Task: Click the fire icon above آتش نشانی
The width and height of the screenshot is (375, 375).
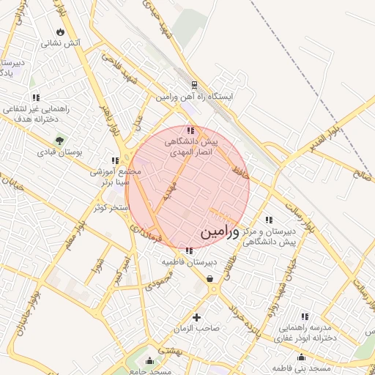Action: pyautogui.click(x=59, y=32)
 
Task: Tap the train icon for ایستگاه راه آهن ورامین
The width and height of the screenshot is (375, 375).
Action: pyautogui.click(x=194, y=84)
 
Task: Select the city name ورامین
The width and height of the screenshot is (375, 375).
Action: pyautogui.click(x=219, y=233)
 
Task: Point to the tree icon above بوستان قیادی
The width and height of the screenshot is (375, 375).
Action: pyautogui.click(x=59, y=139)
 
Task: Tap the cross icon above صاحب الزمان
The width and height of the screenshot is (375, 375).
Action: pyautogui.click(x=196, y=316)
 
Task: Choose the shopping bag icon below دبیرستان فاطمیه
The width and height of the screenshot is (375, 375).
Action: pyautogui.click(x=210, y=278)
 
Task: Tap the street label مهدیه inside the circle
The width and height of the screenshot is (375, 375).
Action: pyautogui.click(x=170, y=193)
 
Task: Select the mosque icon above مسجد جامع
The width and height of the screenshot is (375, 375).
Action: pyautogui.click(x=150, y=360)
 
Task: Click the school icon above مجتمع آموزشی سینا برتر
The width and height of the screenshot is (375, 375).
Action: pyautogui.click(x=114, y=160)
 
